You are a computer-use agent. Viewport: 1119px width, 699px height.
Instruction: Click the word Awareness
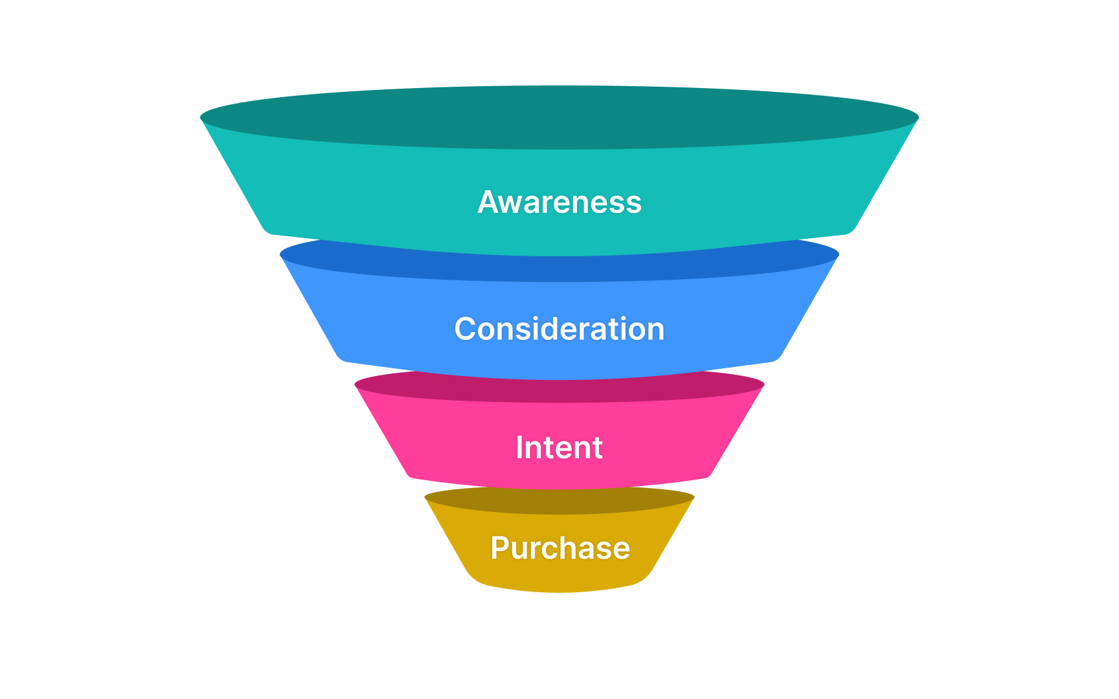click(559, 202)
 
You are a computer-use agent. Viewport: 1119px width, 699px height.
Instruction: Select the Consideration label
click(559, 329)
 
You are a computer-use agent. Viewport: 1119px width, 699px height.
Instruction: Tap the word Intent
click(559, 447)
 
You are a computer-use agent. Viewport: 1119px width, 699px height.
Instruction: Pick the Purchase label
click(560, 548)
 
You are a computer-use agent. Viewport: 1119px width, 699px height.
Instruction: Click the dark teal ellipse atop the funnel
click(559, 117)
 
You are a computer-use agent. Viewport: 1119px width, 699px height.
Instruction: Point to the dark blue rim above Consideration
click(559, 268)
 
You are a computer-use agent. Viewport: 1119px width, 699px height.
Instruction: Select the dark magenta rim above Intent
click(559, 391)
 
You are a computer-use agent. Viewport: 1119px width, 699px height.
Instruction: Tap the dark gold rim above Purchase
click(559, 502)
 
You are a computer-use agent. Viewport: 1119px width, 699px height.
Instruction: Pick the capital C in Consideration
click(466, 329)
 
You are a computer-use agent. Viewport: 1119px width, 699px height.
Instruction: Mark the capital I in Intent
click(519, 447)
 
